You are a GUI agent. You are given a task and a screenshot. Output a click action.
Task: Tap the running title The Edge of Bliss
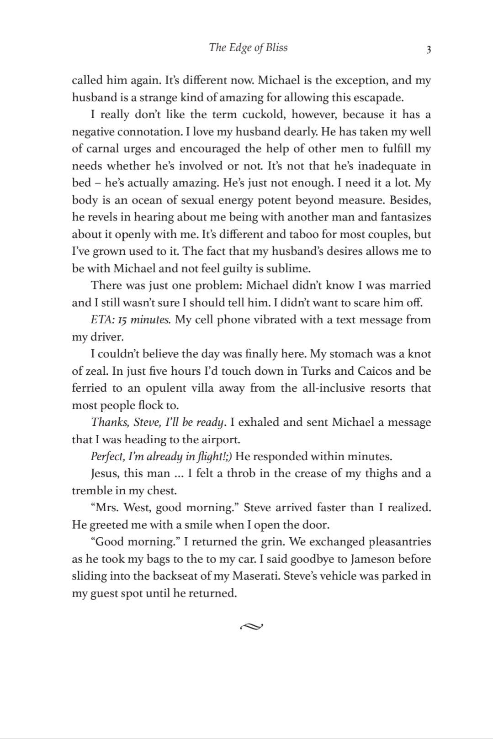[248, 47]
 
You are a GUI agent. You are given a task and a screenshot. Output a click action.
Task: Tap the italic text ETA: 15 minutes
[131, 320]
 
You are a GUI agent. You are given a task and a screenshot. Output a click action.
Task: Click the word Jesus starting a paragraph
[106, 473]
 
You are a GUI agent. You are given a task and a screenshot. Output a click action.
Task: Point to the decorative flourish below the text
[251, 626]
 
